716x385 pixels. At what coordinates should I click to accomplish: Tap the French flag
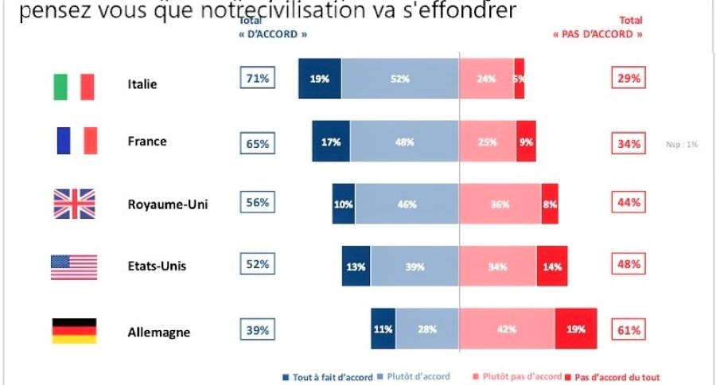coord(76,141)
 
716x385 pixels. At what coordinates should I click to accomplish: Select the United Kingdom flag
coord(74,204)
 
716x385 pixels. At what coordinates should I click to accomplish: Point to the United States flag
coord(74,266)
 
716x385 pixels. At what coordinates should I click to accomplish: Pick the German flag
coord(74,331)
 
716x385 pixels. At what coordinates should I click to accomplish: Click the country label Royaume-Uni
coord(167,204)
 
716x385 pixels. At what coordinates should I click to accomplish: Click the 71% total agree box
coord(257,78)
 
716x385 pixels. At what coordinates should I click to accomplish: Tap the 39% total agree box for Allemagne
coord(257,329)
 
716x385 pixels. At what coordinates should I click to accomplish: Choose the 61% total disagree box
coord(627,329)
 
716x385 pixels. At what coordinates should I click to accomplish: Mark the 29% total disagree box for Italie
coord(627,79)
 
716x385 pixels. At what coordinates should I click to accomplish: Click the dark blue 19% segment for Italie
coord(320,79)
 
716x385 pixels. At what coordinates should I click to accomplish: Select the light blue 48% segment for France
coord(404,142)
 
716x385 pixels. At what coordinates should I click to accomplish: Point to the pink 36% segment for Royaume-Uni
coord(500,204)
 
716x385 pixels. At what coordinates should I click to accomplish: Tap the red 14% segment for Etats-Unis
coord(551,266)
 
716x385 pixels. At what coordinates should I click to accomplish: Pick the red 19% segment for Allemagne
coord(576,329)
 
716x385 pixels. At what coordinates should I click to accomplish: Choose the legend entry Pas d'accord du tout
coord(612,377)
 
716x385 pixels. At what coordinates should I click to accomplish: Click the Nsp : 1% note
coord(682,145)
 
